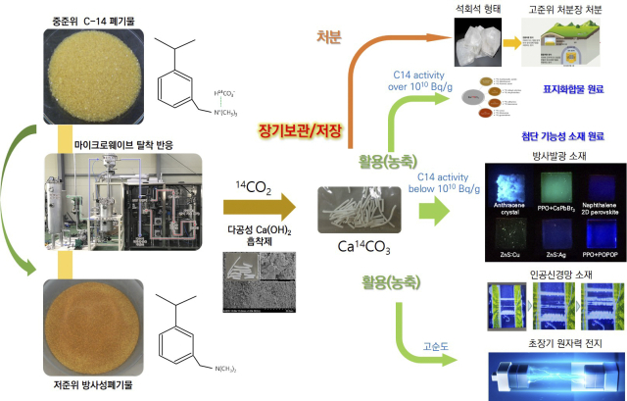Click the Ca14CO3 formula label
pos(359,248)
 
